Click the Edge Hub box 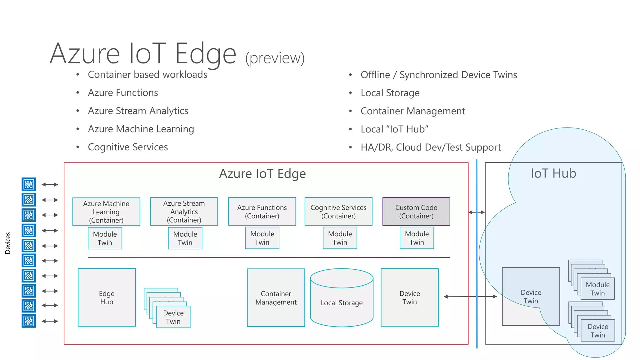107,297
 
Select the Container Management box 276,297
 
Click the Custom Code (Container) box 416,212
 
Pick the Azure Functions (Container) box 262,212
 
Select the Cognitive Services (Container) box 338,212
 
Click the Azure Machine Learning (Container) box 106,212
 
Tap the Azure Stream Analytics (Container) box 184,212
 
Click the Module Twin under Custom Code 417,238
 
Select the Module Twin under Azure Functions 262,238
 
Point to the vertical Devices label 8,243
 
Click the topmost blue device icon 29,184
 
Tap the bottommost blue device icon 29,321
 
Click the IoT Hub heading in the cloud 553,173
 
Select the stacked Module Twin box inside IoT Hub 597,289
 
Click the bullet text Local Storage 390,93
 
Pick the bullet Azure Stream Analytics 138,111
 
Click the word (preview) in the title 275,58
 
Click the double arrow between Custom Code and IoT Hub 477,212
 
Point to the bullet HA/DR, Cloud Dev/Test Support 430,147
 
